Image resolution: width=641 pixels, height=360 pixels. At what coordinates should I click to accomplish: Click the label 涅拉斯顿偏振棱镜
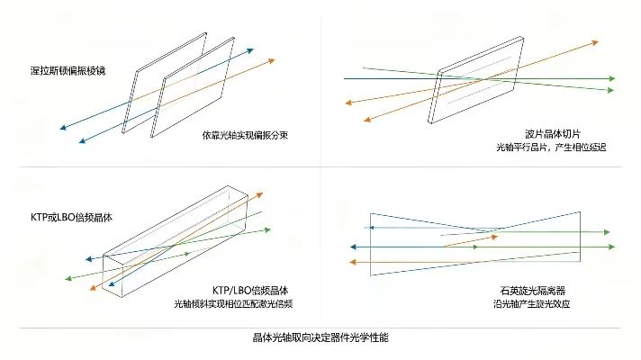click(x=68, y=71)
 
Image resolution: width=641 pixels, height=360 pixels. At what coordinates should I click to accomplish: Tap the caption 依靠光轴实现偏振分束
click(x=245, y=135)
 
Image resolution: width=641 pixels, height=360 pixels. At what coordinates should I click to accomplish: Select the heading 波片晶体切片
click(x=553, y=133)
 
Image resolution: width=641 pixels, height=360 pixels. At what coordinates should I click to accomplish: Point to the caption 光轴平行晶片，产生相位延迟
click(x=551, y=147)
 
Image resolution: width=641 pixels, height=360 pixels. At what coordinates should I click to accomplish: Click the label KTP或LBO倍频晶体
click(x=71, y=217)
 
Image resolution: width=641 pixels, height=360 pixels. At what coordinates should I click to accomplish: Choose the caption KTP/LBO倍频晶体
click(x=250, y=291)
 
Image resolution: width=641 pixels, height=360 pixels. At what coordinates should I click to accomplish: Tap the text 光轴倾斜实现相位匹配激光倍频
click(x=233, y=303)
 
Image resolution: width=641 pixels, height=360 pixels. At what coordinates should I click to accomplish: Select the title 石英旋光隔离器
click(x=533, y=291)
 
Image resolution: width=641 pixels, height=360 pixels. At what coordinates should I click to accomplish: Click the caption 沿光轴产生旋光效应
click(x=531, y=303)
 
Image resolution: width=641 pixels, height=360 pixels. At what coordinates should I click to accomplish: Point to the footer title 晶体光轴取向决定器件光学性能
click(x=320, y=337)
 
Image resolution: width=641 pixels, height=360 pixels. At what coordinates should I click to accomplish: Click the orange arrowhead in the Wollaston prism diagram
click(x=272, y=61)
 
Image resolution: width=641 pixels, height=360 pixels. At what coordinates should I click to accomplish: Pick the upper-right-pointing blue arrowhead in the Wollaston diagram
click(x=250, y=50)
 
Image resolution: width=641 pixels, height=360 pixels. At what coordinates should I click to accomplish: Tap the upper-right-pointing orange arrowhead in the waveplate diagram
click(x=595, y=42)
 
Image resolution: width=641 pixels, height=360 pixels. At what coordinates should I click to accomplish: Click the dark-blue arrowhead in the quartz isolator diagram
click(x=353, y=247)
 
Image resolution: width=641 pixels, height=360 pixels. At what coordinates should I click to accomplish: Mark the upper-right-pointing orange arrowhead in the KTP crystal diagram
click(x=259, y=194)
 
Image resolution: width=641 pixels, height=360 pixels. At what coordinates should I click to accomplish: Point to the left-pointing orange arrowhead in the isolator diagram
click(x=353, y=262)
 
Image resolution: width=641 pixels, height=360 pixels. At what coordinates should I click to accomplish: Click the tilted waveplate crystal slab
click(x=476, y=80)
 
